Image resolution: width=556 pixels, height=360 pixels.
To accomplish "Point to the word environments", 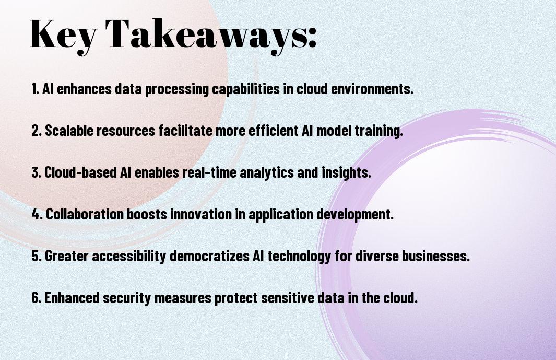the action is click(x=372, y=89).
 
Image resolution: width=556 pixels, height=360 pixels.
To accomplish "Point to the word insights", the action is click(x=346, y=173).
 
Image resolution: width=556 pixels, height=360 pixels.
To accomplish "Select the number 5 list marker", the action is click(x=36, y=256).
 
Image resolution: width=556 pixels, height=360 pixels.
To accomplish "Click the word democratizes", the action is click(x=210, y=256).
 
